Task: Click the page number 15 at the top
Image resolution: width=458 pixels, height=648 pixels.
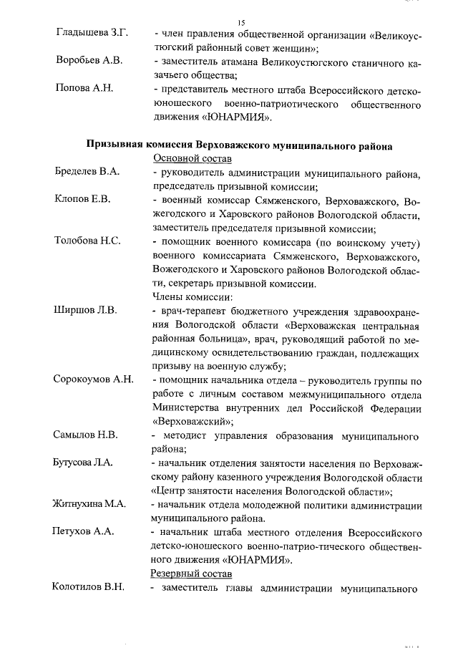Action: point(241,23)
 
